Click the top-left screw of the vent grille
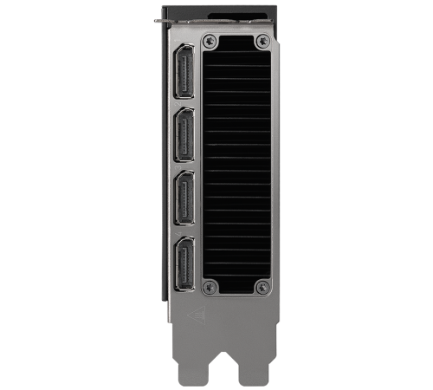pyautogui.click(x=210, y=40)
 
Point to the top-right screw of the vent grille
pyautogui.click(x=262, y=40)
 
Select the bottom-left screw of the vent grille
pyautogui.click(x=209, y=287)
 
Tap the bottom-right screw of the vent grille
pyautogui.click(x=262, y=287)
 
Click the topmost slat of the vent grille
pyautogui.click(x=236, y=53)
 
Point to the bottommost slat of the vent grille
pyautogui.click(x=236, y=274)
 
